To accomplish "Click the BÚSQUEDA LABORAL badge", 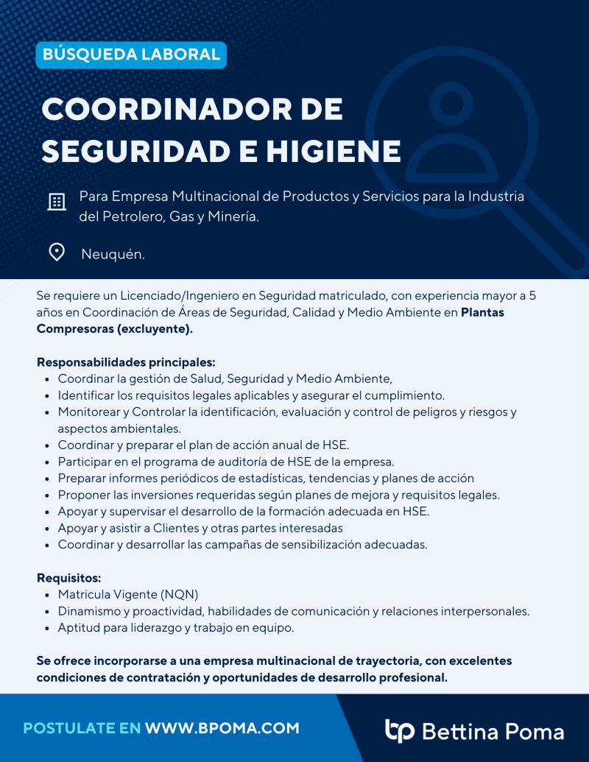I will click(131, 54).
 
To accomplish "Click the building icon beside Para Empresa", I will click(57, 202).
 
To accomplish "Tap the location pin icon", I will click(57, 253).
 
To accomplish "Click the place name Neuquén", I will click(113, 255).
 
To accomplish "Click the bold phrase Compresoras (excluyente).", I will click(114, 328).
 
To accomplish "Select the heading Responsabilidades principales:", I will click(126, 362).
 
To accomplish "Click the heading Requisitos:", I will click(68, 578).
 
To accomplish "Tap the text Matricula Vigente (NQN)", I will click(128, 594).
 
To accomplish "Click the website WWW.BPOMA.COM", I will click(222, 728).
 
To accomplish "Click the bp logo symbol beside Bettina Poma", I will click(400, 730).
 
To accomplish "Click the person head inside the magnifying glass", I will click(449, 103).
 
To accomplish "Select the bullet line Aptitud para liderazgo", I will click(176, 628).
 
